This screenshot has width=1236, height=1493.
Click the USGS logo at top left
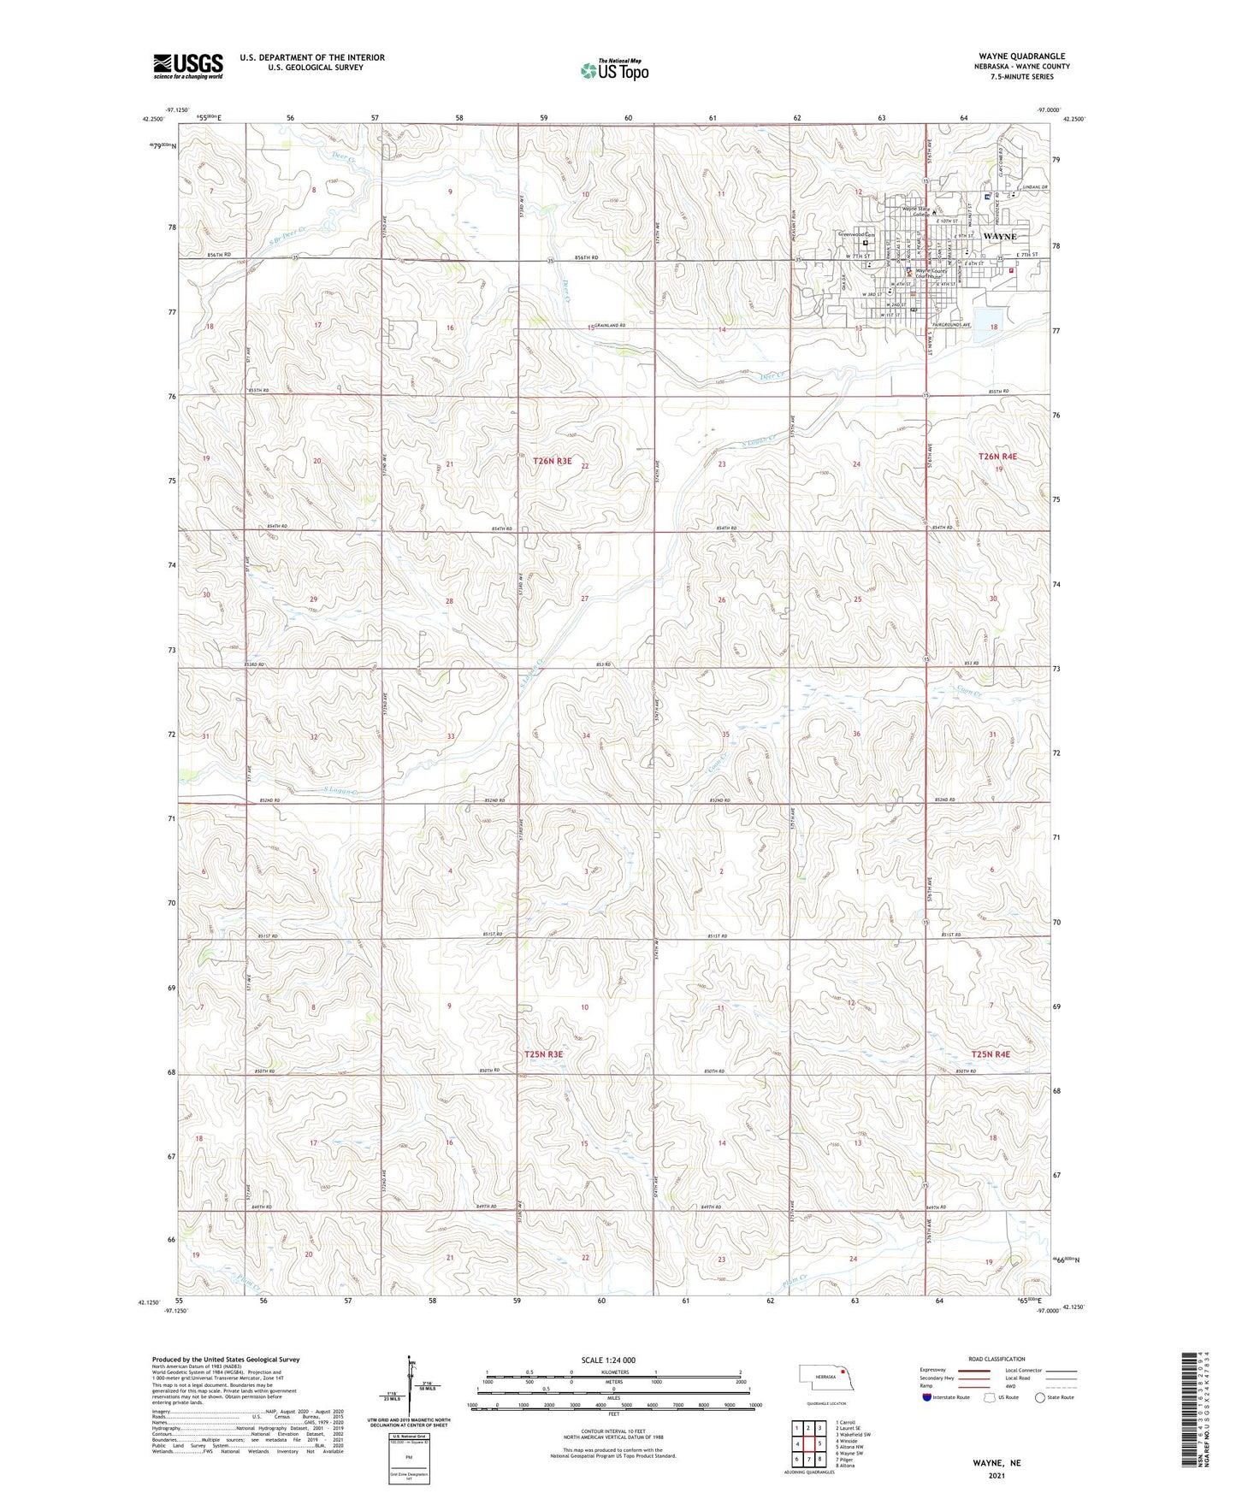(x=188, y=66)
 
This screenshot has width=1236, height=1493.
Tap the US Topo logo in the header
(x=614, y=70)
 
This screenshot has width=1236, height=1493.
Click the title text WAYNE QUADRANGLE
(x=1022, y=56)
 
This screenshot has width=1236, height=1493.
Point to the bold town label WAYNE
(x=1000, y=236)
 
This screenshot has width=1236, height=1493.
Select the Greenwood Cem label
(x=858, y=234)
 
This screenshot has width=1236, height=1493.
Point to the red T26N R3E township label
(x=552, y=461)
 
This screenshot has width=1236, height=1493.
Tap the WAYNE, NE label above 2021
(x=996, y=1463)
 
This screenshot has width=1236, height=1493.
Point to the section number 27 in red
(x=584, y=599)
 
